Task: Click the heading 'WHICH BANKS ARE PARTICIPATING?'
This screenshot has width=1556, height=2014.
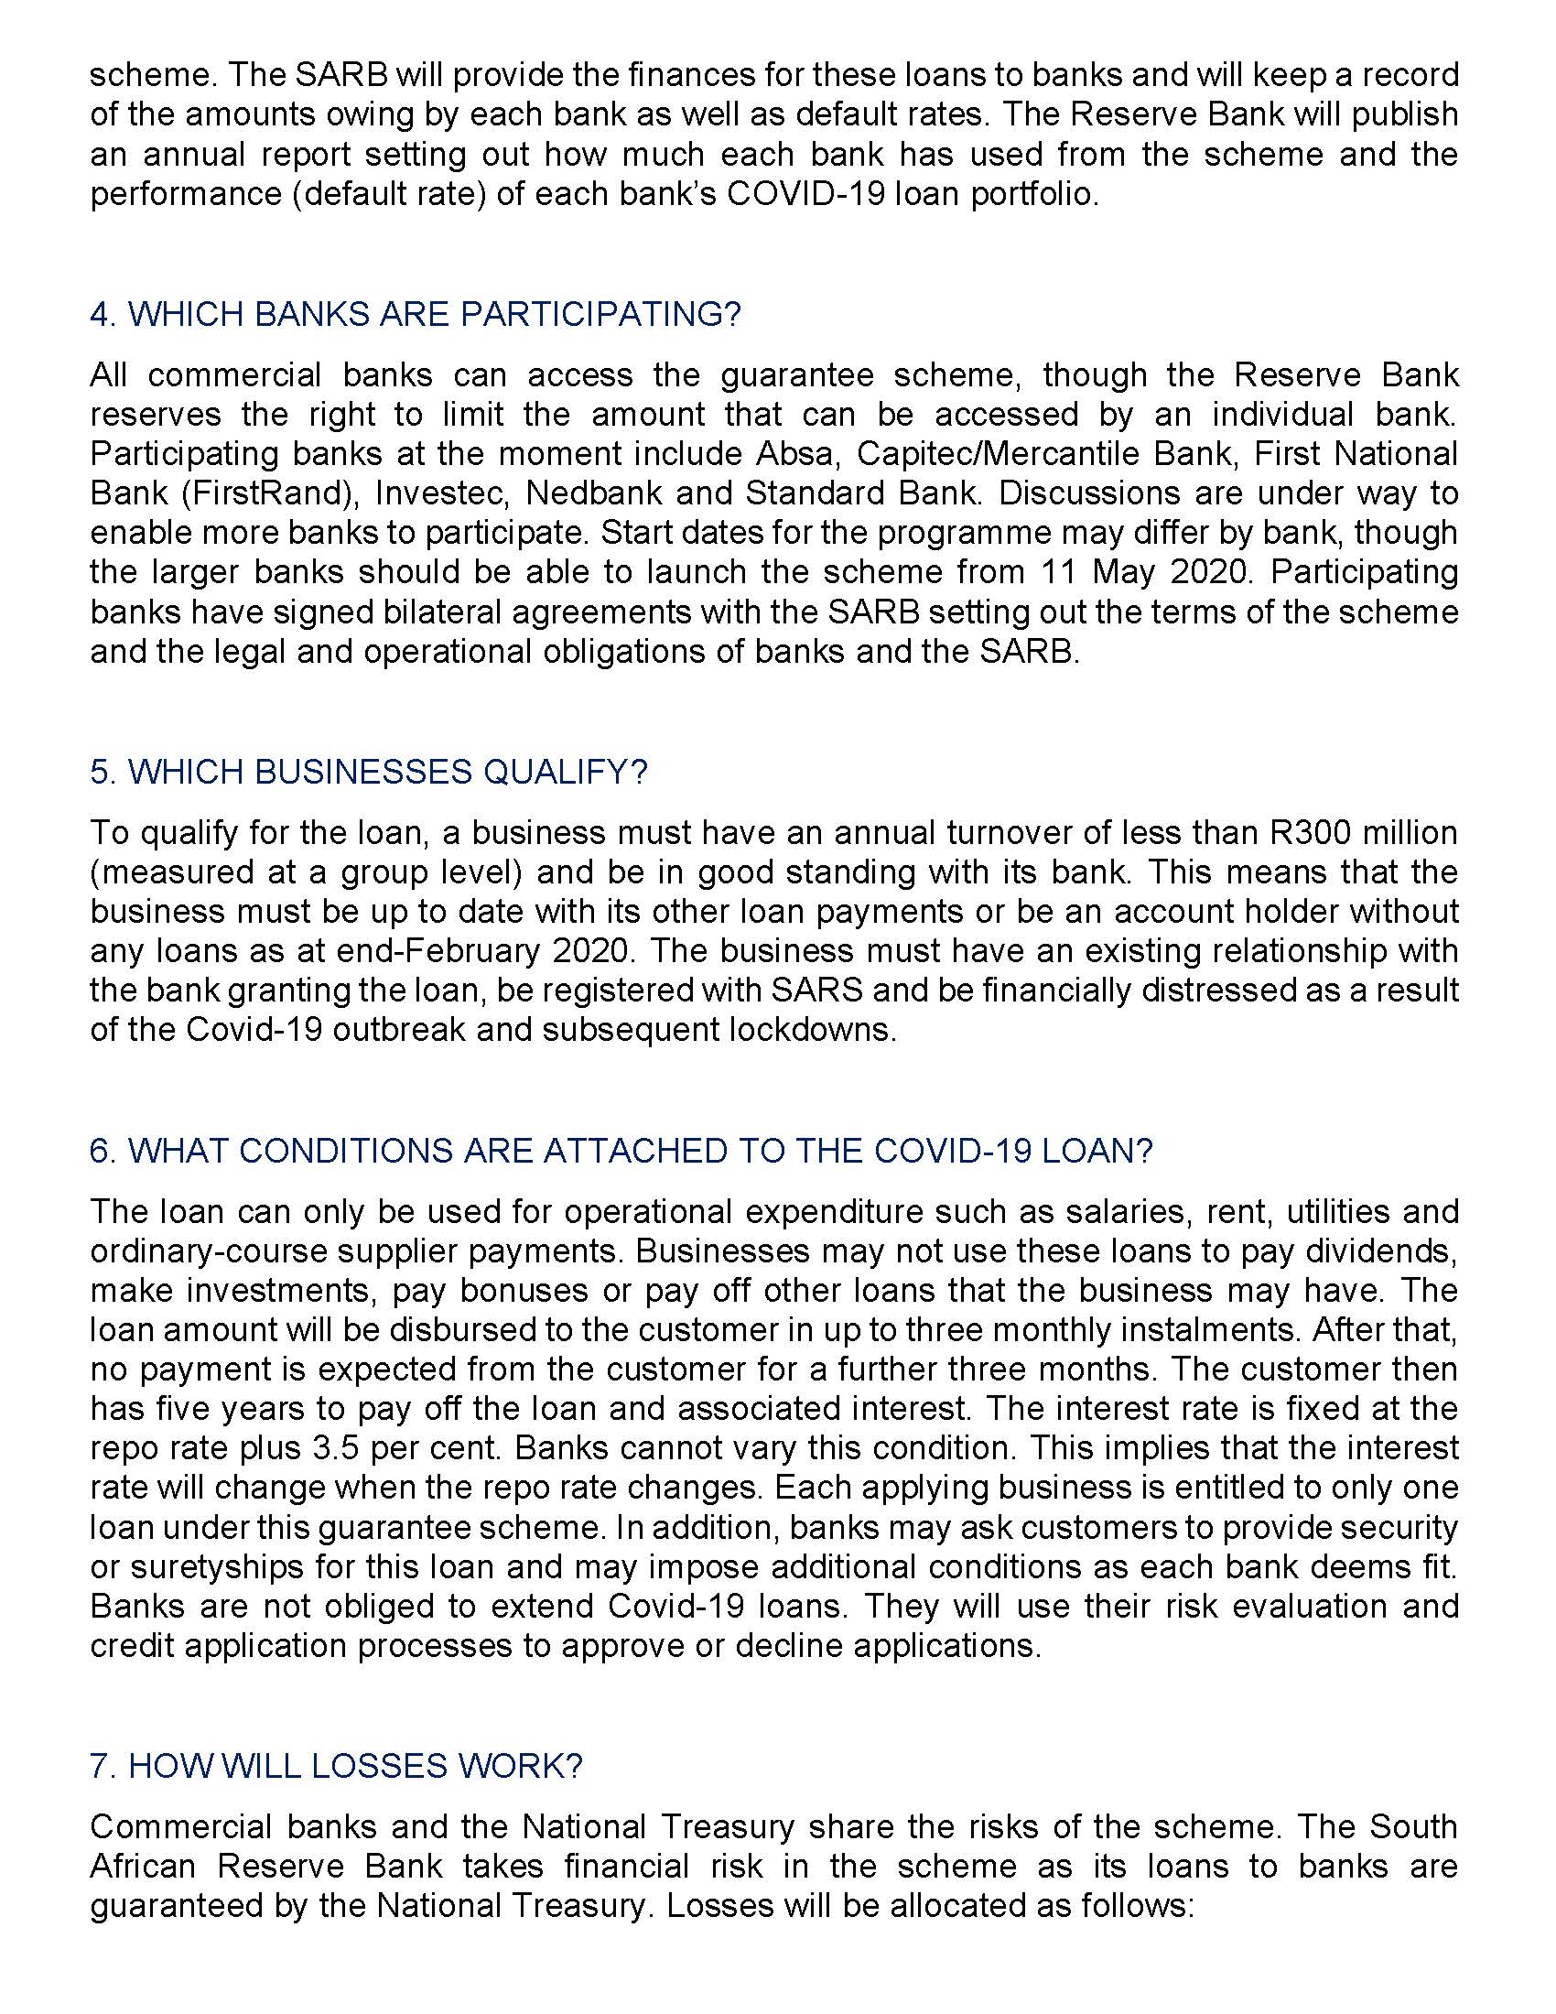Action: (415, 314)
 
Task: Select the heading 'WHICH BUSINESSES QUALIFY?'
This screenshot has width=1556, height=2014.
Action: (369, 772)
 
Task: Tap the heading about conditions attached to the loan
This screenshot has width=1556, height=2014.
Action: (621, 1151)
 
